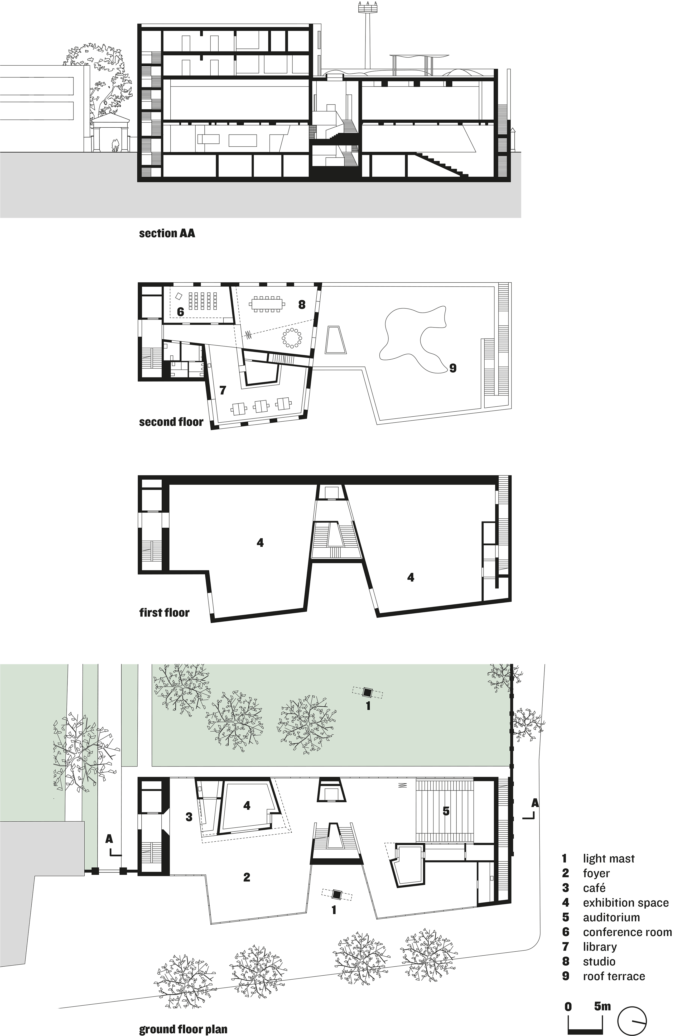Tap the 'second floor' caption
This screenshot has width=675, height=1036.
click(x=171, y=422)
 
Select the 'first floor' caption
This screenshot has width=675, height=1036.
click(x=164, y=613)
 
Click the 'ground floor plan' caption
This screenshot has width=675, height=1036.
click(x=183, y=1029)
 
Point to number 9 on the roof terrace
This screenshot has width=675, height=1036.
click(x=453, y=368)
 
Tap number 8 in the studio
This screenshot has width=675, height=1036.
click(x=302, y=304)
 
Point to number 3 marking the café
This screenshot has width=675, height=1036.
click(x=189, y=817)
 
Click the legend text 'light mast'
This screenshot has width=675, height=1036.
click(x=608, y=858)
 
